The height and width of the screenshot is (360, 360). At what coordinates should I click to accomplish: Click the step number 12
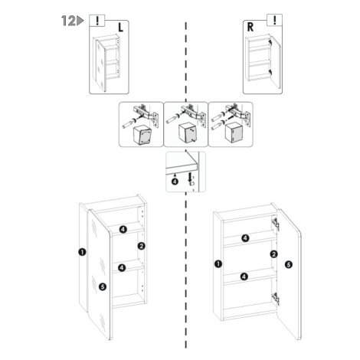[68, 21]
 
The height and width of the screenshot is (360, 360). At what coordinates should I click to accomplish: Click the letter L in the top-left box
[120, 28]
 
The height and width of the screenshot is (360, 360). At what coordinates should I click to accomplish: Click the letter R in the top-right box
[250, 27]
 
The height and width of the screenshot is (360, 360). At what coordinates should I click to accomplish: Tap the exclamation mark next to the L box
[97, 20]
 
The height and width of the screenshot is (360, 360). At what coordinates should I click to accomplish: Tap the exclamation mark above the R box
[275, 20]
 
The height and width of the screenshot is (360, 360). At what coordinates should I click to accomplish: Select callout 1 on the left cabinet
[82, 252]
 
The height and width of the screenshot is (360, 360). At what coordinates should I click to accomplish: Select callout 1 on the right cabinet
[218, 263]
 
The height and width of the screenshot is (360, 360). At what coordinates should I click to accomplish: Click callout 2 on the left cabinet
[141, 246]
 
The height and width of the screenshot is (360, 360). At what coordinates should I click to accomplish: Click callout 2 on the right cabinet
[274, 254]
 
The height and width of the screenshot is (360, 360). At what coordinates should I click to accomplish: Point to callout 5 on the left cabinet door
[103, 286]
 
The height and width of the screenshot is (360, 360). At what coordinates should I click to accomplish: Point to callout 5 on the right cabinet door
[289, 264]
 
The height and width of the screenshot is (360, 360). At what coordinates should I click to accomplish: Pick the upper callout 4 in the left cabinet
[123, 229]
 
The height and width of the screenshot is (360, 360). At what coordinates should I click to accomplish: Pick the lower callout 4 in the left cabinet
[122, 268]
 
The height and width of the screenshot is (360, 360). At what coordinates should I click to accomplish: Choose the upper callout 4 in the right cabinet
[245, 238]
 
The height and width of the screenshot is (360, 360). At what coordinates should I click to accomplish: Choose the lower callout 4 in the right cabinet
[244, 277]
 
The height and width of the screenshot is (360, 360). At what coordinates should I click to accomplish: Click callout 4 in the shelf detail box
[175, 182]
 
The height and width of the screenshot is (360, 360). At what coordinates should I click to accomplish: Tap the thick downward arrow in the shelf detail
[189, 177]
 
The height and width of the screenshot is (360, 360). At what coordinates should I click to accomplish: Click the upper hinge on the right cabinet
[275, 224]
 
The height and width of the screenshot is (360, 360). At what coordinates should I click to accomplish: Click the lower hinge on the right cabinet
[275, 298]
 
